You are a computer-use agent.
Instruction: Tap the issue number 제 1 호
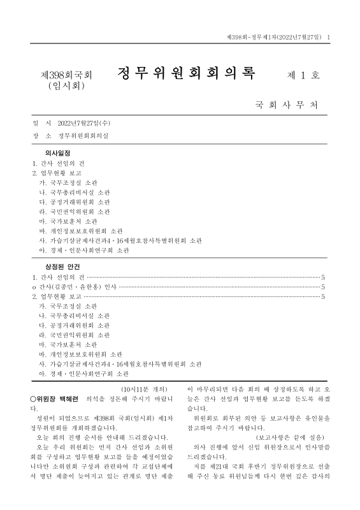pos(304,75)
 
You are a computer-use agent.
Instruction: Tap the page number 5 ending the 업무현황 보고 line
pos(323,296)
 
